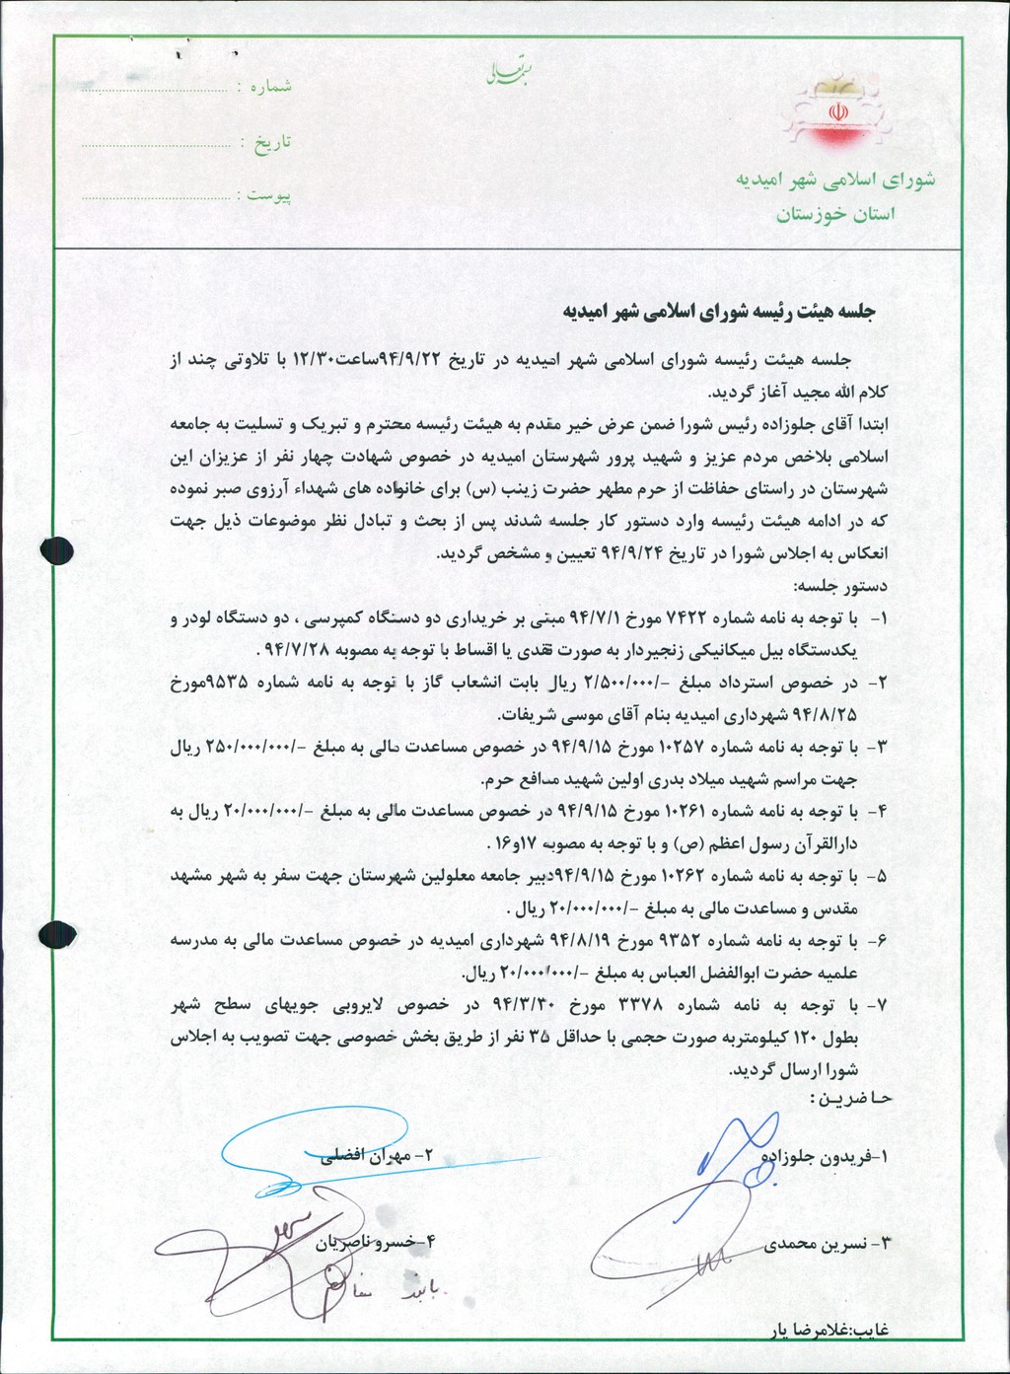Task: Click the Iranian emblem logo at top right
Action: click(x=835, y=112)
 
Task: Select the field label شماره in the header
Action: click(x=270, y=87)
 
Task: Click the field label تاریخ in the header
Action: click(x=273, y=142)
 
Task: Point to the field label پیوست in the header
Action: click(x=268, y=195)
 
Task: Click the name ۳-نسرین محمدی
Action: click(x=829, y=1245)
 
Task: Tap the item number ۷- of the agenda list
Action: click(x=878, y=1004)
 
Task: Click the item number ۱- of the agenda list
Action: click(x=878, y=618)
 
